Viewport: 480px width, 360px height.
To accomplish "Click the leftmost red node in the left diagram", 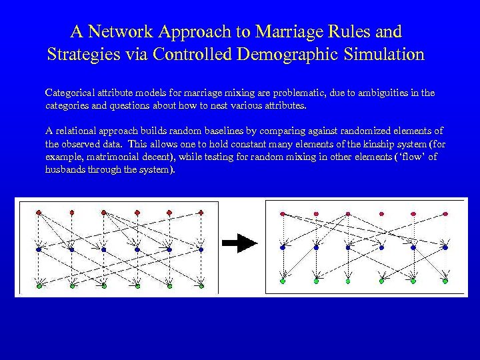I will pos(39,212).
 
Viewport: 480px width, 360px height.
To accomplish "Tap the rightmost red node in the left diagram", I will pos(200,212).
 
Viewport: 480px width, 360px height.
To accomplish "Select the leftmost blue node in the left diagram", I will pos(39,249).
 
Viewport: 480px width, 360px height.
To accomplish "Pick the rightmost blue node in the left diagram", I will pos(200,249).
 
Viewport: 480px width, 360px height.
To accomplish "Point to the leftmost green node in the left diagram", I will pos(39,286).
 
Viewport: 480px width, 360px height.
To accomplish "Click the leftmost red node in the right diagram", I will pos(283,214).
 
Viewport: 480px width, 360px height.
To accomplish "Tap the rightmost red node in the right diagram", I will pos(445,214).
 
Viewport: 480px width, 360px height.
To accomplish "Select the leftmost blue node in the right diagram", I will pos(283,247).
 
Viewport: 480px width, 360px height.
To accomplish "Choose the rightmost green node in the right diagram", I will pos(445,281).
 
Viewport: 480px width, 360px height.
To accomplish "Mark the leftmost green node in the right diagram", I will pos(283,281).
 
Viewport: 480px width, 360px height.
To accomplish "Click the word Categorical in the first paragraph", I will pos(67,93).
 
